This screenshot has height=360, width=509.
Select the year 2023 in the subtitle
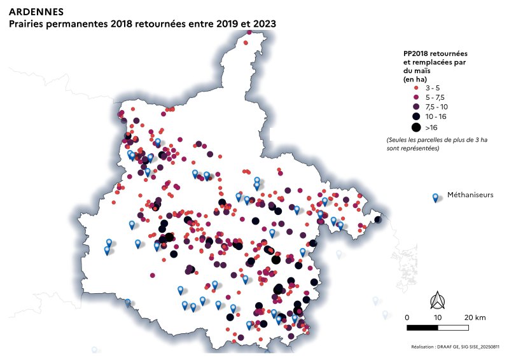[264, 23]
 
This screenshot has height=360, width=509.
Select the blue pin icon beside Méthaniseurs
[435, 198]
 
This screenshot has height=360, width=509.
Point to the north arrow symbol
[438, 299]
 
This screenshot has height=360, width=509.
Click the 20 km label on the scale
[476, 317]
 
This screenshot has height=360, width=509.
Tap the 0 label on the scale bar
[407, 317]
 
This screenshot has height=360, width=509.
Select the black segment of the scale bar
[422, 328]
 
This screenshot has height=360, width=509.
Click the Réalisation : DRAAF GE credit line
[456, 347]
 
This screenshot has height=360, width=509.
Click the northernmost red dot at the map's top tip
[248, 42]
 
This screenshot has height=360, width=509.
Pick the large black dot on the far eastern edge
[378, 220]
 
